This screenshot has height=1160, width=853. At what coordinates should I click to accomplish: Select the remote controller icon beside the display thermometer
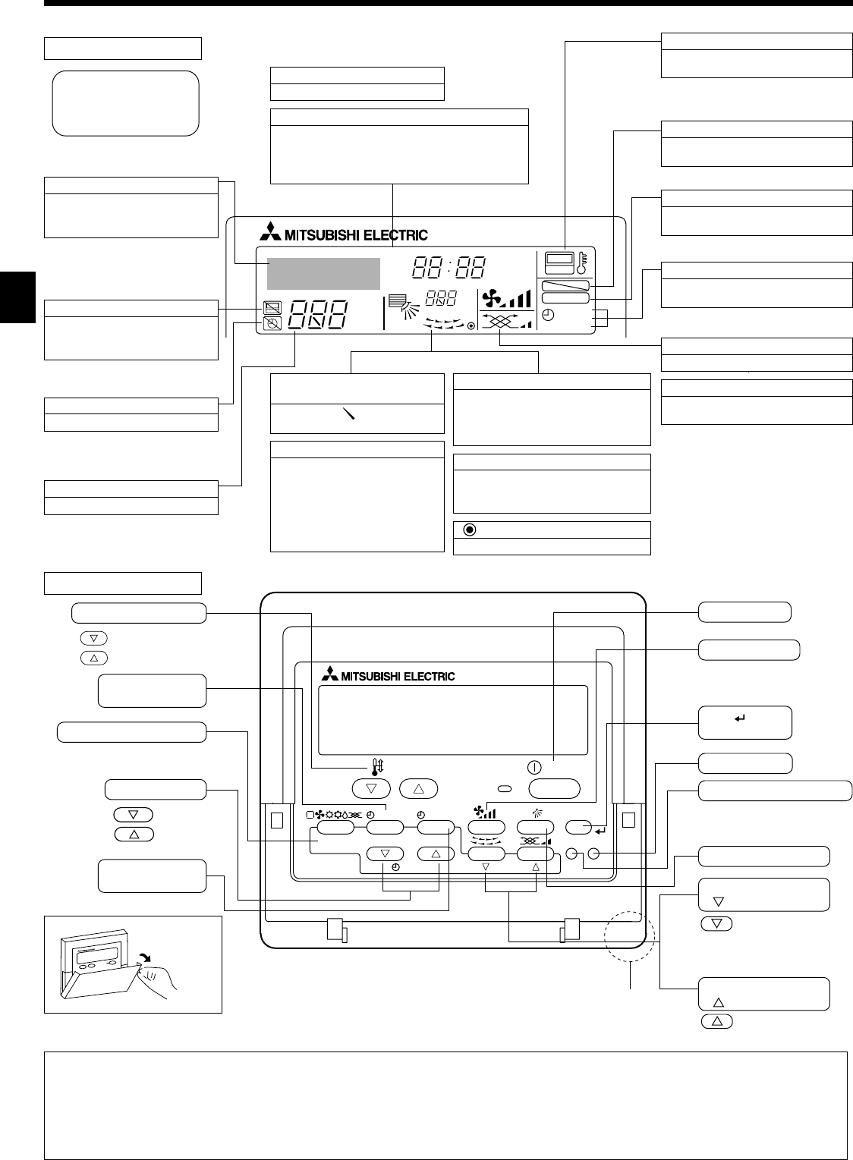tap(560, 262)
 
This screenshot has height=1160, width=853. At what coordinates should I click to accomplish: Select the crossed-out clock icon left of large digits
tap(271, 324)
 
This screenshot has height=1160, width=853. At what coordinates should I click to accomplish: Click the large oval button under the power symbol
tap(554, 788)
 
